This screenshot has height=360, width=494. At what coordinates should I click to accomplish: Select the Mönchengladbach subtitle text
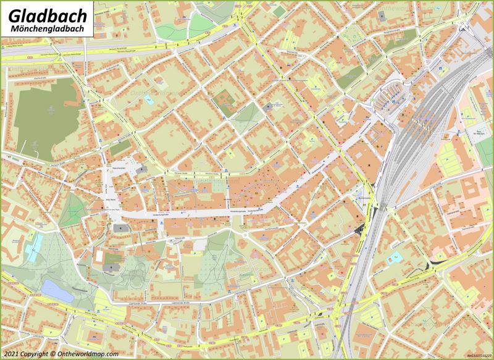click(42, 29)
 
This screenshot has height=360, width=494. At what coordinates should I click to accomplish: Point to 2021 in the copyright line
click(12, 354)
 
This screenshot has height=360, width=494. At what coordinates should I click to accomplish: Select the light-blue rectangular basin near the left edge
click(35, 243)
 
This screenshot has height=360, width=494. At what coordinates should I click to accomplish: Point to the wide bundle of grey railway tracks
click(426, 123)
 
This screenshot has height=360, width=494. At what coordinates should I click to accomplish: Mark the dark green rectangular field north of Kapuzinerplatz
click(121, 147)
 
